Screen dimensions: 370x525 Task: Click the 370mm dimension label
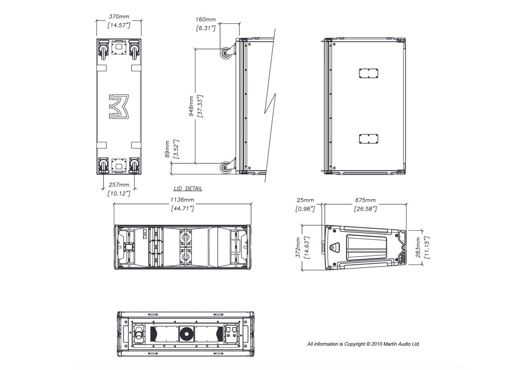[x=119, y=17]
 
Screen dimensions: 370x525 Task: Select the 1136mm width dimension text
[x=182, y=200]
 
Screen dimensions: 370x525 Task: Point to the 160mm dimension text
[x=206, y=20]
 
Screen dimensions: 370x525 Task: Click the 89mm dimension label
[x=167, y=149]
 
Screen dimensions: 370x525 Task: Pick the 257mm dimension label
[x=119, y=185]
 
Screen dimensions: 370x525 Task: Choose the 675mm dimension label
[x=365, y=201]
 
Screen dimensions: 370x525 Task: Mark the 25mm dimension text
[x=305, y=201]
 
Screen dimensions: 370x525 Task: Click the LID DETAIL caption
[x=188, y=189]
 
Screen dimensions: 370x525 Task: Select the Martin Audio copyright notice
[x=364, y=344]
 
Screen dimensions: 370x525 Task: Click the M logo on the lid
[x=119, y=106]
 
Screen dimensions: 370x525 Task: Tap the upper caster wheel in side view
[x=226, y=54]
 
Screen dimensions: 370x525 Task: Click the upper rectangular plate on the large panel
[x=368, y=73]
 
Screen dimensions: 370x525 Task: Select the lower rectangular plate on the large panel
[x=368, y=139]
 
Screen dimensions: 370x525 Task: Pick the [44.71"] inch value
[x=182, y=209]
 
